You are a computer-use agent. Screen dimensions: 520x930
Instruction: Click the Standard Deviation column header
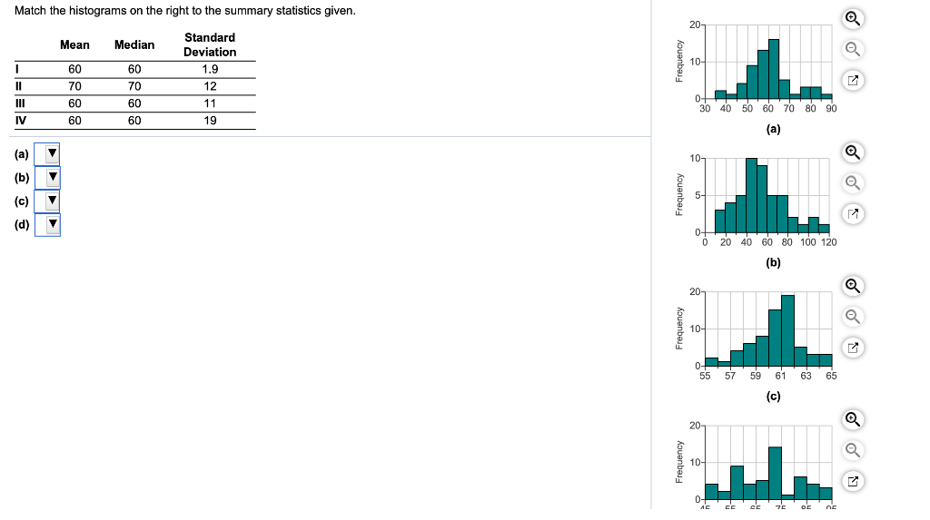click(x=210, y=44)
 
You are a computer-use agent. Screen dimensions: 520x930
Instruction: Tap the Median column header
click(x=134, y=44)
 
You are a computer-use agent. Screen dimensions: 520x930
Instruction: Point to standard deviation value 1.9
click(x=210, y=69)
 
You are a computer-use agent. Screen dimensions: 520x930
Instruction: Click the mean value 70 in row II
click(x=74, y=86)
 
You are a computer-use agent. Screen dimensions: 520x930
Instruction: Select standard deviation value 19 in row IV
click(x=210, y=120)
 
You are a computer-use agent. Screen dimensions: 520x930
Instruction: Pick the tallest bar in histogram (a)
click(x=774, y=69)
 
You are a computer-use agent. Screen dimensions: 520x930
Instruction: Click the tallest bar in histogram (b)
click(x=751, y=194)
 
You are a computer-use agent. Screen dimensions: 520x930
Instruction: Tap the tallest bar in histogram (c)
click(x=787, y=329)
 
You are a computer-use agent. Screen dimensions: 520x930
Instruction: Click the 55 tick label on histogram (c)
click(x=706, y=376)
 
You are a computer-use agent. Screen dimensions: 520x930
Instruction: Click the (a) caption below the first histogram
click(x=773, y=129)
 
